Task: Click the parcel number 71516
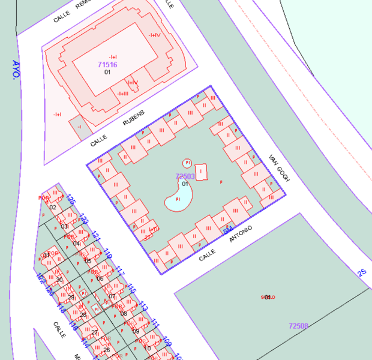click(107, 64)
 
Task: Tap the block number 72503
click(185, 176)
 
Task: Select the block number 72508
click(298, 326)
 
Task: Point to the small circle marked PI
click(187, 163)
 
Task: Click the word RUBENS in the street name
click(134, 119)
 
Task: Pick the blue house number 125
click(71, 200)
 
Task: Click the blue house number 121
click(96, 237)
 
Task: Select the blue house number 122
click(41, 278)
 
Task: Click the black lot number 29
click(71, 298)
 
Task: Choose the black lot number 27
click(95, 332)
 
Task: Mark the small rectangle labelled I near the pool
click(202, 172)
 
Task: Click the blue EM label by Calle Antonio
click(227, 230)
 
